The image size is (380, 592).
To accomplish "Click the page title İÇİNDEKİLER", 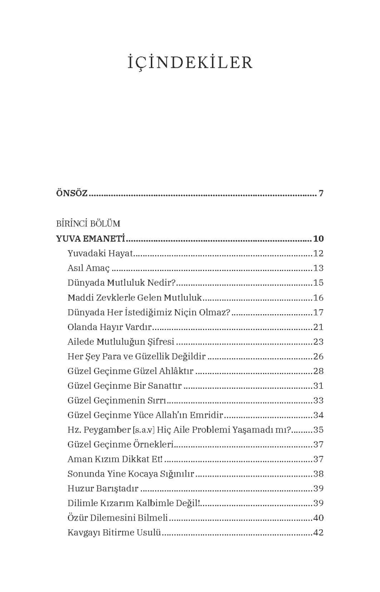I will [x=190, y=63].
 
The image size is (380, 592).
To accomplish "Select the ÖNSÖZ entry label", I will [x=72, y=193].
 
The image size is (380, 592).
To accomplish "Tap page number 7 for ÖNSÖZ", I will [x=321, y=193].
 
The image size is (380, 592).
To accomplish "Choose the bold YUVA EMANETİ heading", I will [x=91, y=239].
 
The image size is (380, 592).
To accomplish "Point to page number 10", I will [x=318, y=239].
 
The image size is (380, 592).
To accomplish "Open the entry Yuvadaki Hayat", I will [x=101, y=254].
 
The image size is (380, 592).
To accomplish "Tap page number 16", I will [x=318, y=298].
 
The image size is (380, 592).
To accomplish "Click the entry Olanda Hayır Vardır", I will [x=109, y=327].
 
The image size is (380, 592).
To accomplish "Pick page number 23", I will [x=318, y=341].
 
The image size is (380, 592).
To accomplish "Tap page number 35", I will [x=318, y=430].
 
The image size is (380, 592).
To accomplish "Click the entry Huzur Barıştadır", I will [x=103, y=488].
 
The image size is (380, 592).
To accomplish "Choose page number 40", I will [x=318, y=518].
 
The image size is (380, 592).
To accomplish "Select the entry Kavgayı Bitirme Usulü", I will [x=115, y=533].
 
